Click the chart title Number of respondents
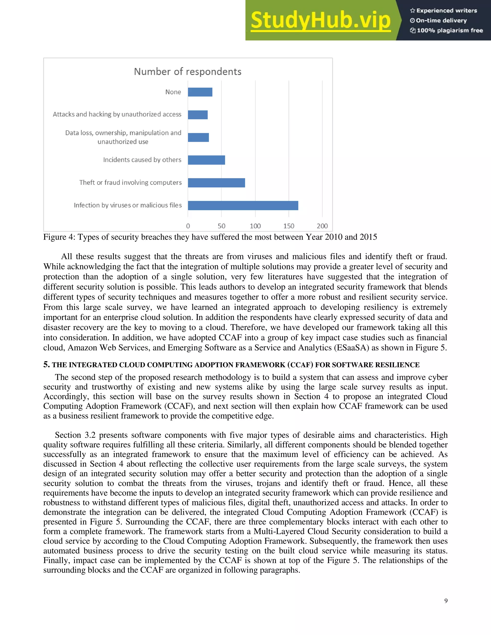point(188,71)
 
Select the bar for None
point(200,92)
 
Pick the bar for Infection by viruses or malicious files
point(243,205)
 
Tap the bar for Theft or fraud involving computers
point(216,183)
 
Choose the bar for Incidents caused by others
point(206,160)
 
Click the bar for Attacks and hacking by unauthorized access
point(198,115)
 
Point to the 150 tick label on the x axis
point(289,226)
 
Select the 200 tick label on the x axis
point(322,226)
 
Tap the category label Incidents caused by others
point(142,160)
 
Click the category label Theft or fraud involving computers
point(130,183)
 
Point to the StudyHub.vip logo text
point(321,20)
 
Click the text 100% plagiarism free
point(450,30)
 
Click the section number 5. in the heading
point(47,365)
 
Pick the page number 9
point(446,601)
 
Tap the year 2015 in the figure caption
point(368,237)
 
